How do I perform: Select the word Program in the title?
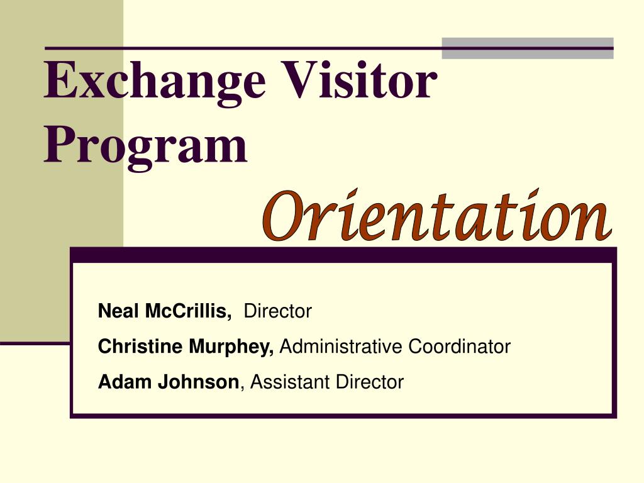tap(145, 146)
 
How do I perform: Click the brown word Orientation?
tap(436, 216)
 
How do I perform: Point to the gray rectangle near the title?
tap(527, 48)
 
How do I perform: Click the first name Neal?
tap(119, 311)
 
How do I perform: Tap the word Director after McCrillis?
tap(277, 311)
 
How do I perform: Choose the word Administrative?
tap(341, 346)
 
